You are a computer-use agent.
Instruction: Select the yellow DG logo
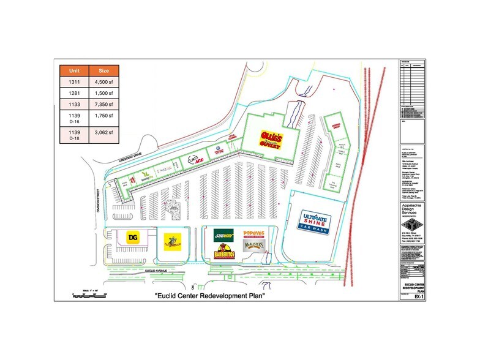[132, 238]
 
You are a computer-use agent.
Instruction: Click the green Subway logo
[223, 234]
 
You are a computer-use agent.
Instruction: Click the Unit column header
[74, 70]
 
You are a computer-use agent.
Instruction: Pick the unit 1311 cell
[74, 81]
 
